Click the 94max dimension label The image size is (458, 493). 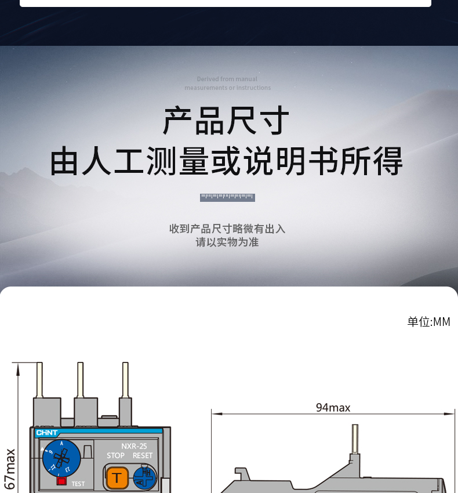[x=333, y=408]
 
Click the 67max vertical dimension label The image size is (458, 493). [x=10, y=469]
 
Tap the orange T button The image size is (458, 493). [x=117, y=477]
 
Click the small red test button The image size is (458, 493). [x=61, y=481]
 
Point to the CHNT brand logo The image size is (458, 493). [x=47, y=433]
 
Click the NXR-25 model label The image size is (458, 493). [x=134, y=446]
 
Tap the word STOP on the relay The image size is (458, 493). [x=115, y=456]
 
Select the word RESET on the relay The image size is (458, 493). [x=143, y=456]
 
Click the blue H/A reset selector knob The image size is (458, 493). [x=144, y=477]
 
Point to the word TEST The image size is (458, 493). [x=78, y=484]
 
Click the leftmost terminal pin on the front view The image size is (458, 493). [x=39, y=380]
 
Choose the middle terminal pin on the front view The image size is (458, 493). [x=81, y=380]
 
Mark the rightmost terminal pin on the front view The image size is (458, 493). [x=125, y=380]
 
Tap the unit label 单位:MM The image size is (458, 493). [x=428, y=322]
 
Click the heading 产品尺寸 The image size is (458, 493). [x=226, y=121]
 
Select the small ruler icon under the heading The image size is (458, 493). [x=227, y=198]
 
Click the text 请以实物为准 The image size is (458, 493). [x=227, y=242]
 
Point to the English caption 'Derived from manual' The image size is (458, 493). [x=227, y=79]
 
